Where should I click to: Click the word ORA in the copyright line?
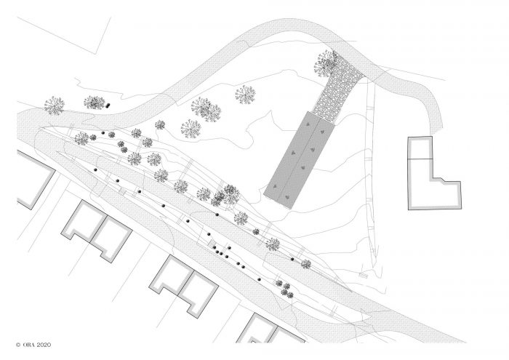click(x=28, y=345)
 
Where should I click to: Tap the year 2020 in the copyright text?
click(x=44, y=345)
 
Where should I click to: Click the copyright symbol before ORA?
click(x=18, y=345)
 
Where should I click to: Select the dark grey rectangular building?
click(x=299, y=160)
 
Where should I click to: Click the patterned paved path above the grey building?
click(x=337, y=86)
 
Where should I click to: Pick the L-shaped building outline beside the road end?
click(x=434, y=173)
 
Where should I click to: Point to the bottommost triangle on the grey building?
click(x=287, y=196)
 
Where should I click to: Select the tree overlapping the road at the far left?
click(x=55, y=105)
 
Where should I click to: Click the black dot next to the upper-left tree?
click(x=108, y=105)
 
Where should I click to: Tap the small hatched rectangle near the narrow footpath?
click(x=364, y=276)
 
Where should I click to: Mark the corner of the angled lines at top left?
click(x=95, y=54)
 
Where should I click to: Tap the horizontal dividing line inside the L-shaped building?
click(x=420, y=159)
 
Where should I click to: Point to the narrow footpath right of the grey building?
click(x=371, y=169)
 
